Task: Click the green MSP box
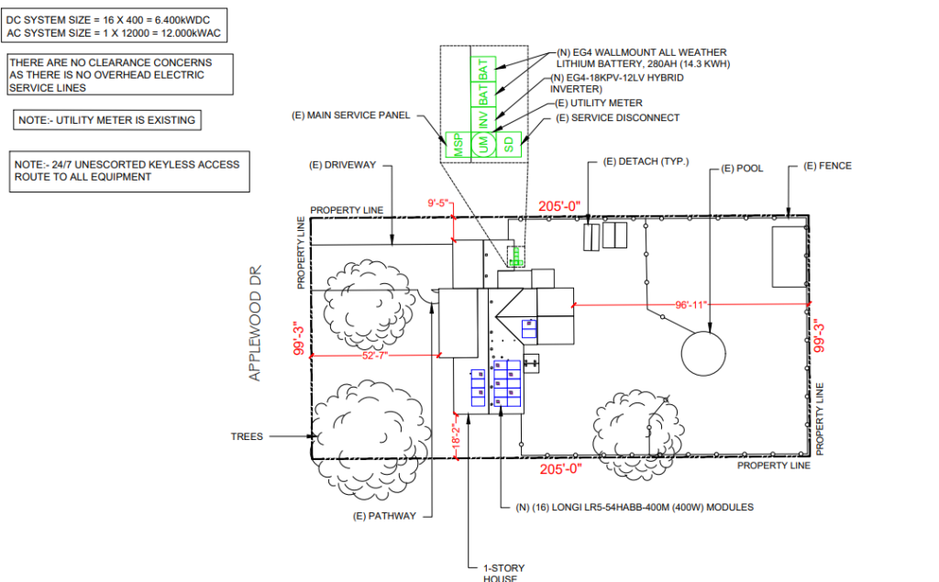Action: click(x=458, y=145)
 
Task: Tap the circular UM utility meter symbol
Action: click(x=483, y=145)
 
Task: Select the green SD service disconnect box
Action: click(x=508, y=145)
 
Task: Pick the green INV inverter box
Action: click(x=483, y=120)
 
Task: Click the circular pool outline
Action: click(x=703, y=353)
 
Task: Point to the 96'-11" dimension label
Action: click(x=691, y=305)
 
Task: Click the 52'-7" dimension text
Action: click(x=375, y=356)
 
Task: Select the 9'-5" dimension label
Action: click(x=437, y=203)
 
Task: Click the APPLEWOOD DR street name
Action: click(x=255, y=324)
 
